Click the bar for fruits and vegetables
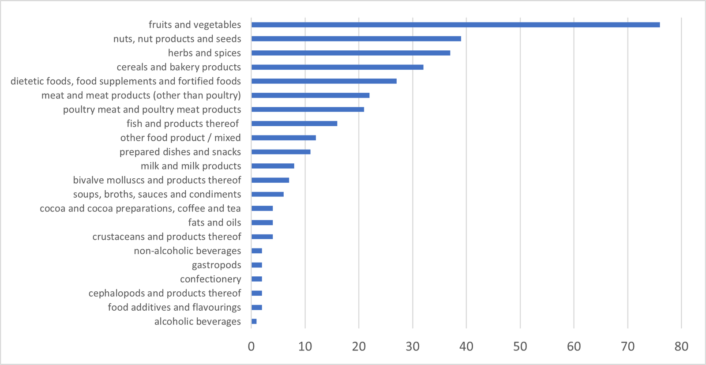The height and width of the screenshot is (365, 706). coord(455,25)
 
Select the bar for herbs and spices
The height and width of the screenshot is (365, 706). coord(351,53)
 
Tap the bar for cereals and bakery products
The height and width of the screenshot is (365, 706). coord(337,67)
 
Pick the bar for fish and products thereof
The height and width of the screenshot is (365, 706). coord(294,124)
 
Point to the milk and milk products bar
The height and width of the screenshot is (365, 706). coord(273,166)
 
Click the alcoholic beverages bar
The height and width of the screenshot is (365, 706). coord(254,321)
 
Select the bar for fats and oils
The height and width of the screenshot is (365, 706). coord(262,222)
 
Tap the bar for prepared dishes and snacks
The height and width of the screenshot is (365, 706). coord(281,152)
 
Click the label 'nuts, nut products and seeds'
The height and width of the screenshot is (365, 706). coord(177,39)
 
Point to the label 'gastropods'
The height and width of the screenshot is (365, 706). coord(216,265)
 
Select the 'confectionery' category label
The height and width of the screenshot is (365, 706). coord(210,279)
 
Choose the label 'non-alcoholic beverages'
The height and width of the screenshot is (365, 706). coord(188,251)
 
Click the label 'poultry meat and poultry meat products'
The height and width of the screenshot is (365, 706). coord(152,109)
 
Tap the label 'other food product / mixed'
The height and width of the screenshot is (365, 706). coord(180,138)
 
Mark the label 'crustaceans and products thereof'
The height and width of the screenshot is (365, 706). coord(167,237)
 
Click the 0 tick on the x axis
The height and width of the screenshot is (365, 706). coord(252,346)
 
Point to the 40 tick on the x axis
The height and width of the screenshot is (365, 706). coord(466,346)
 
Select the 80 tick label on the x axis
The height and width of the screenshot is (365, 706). coord(681,346)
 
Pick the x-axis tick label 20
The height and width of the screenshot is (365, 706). coord(359,346)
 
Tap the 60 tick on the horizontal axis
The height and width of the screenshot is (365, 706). coord(574,346)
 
